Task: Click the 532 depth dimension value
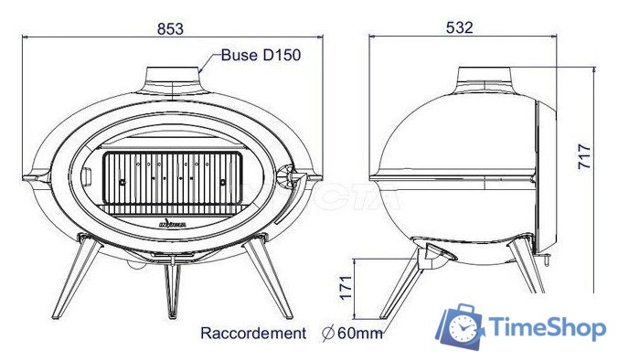[460, 28]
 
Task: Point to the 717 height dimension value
[586, 160]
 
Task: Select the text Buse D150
[261, 55]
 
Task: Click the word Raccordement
[253, 334]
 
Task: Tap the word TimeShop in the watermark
[547, 328]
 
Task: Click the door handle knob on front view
[293, 174]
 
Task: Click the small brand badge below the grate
[172, 220]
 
